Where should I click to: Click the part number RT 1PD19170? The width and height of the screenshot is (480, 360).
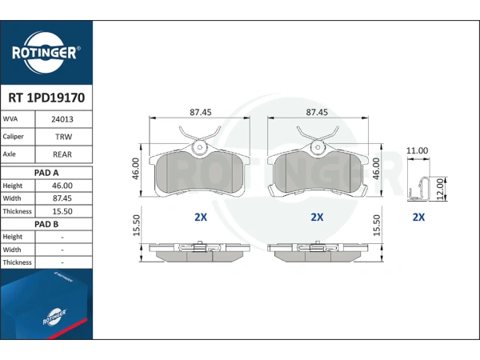[46, 98]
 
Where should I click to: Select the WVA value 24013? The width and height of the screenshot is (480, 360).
[62, 119]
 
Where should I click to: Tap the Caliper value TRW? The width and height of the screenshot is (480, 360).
[63, 137]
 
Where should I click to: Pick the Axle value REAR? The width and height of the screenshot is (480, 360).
[62, 154]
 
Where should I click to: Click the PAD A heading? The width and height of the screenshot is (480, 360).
[46, 173]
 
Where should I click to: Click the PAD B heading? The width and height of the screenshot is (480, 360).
[46, 224]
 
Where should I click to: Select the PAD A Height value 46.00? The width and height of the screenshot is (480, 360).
[62, 186]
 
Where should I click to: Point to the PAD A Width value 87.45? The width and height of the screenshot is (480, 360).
[62, 198]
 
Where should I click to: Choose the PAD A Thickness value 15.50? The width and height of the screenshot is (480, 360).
[62, 211]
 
